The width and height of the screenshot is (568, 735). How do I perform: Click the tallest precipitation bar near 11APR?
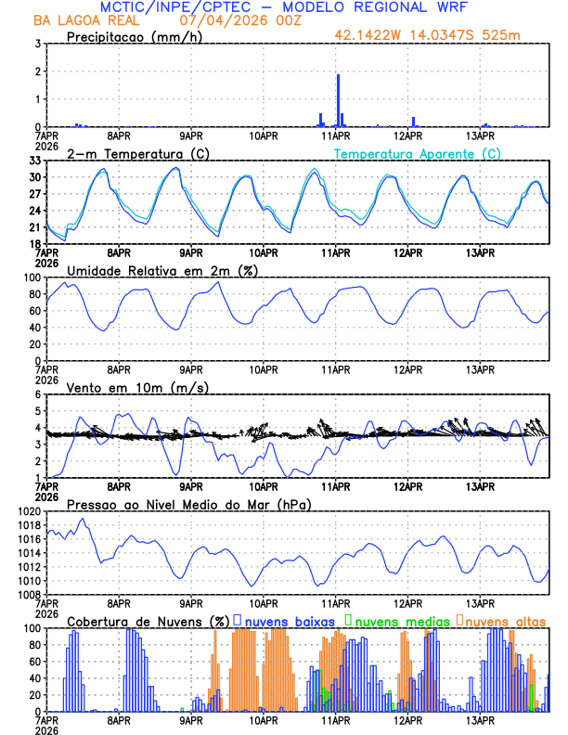(x=338, y=100)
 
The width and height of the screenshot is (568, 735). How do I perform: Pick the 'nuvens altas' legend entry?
(x=504, y=620)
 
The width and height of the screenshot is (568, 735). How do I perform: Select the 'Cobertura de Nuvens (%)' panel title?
(x=148, y=620)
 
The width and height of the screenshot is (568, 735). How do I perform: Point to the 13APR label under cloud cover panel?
(x=480, y=719)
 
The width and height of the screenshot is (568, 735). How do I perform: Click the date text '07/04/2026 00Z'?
(x=235, y=19)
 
